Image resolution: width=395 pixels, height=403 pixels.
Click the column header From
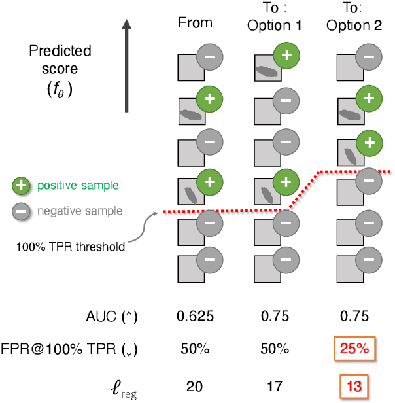pos(195,23)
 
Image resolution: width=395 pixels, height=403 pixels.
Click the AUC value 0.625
pos(195,317)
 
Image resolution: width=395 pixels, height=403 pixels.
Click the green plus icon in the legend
pos(21,186)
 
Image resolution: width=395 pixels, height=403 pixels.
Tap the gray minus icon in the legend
pos(21,211)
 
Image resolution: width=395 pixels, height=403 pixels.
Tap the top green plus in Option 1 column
pos(286,57)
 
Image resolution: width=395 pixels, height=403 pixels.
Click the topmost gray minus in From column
pos(209,57)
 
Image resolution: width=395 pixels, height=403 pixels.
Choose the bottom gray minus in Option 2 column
pos(368,262)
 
